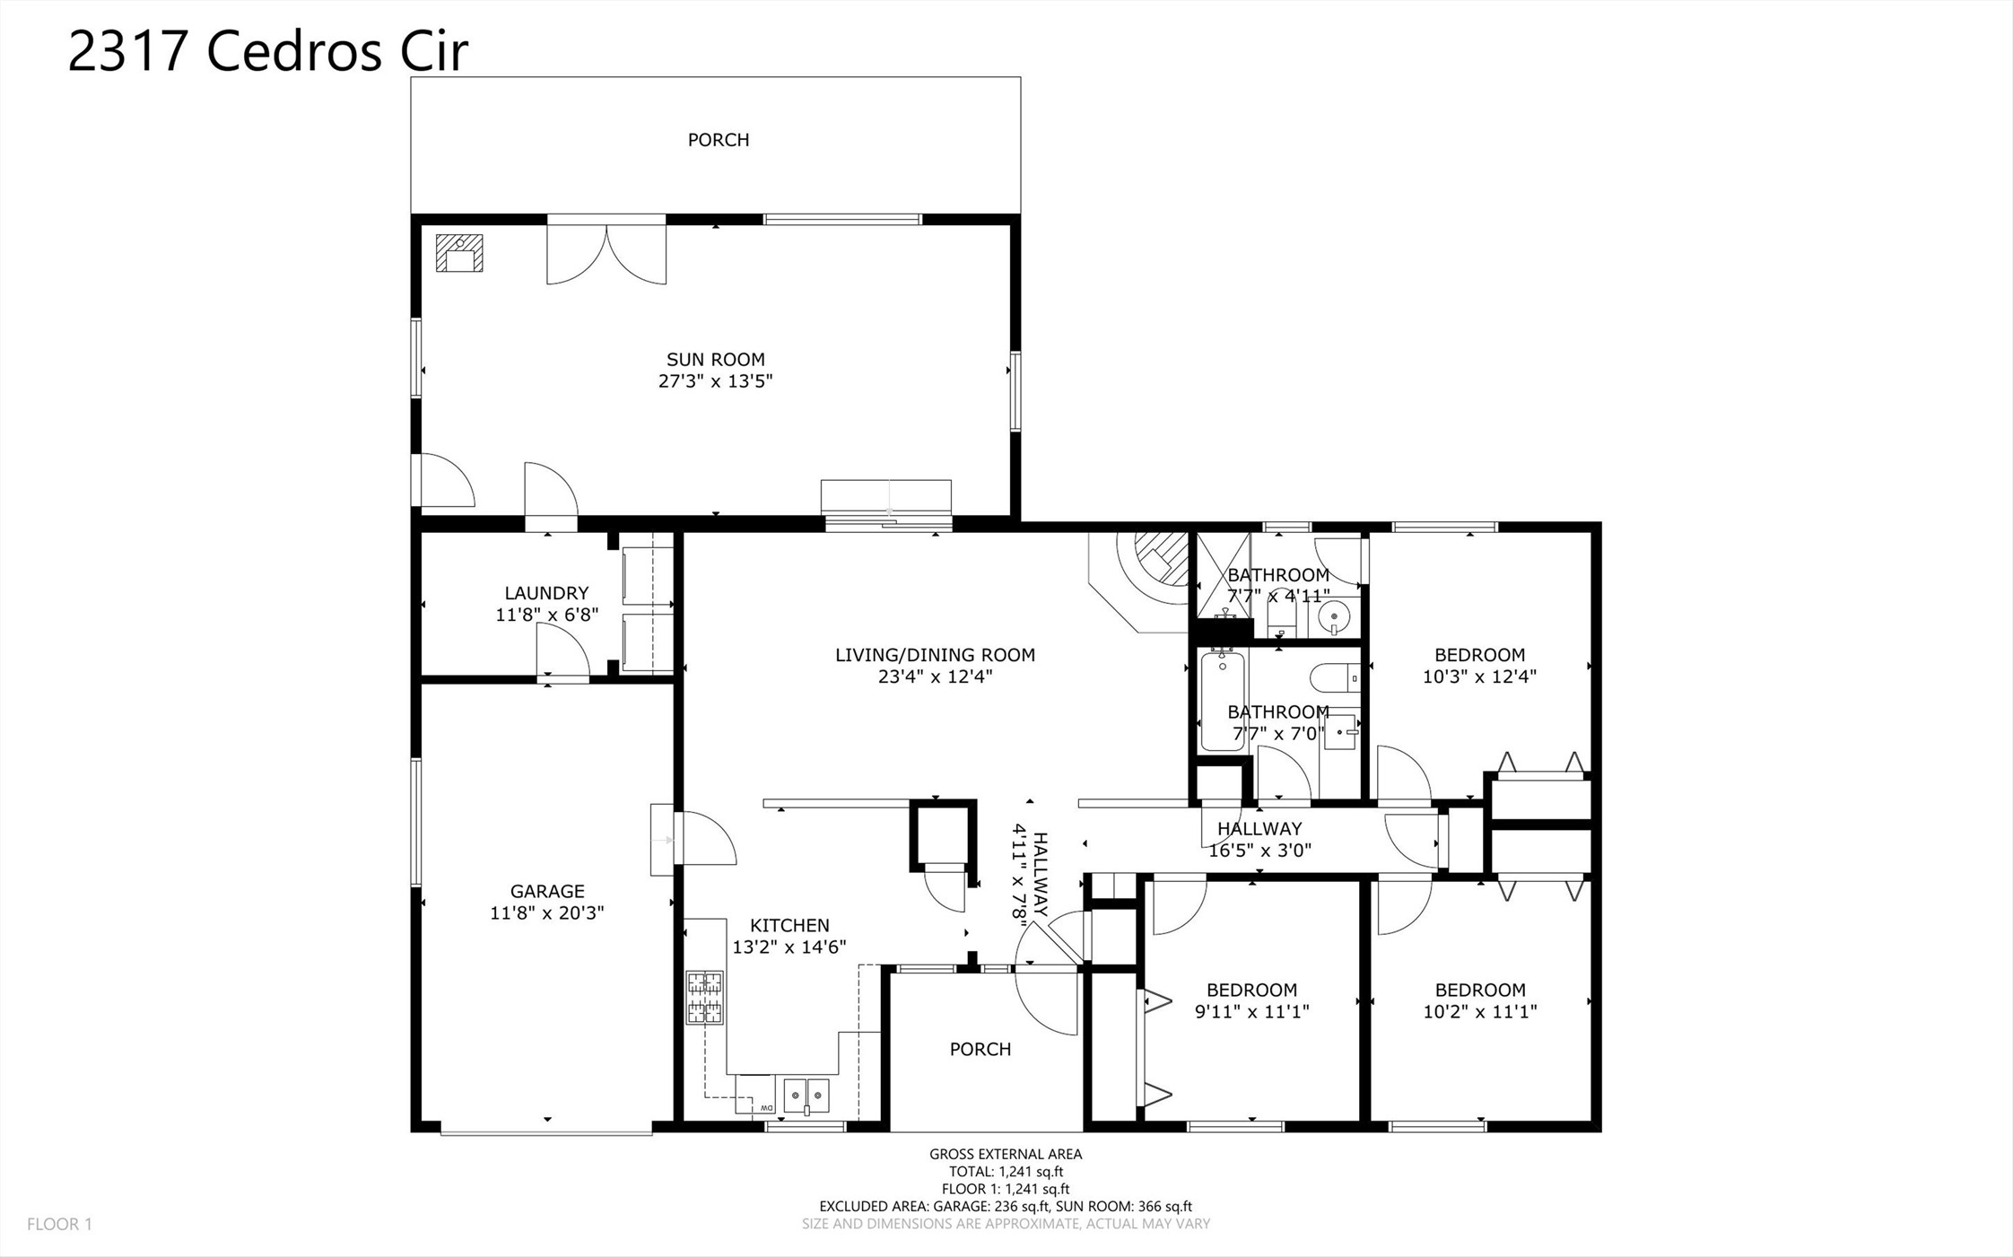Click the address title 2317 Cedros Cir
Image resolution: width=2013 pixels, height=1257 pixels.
(x=267, y=51)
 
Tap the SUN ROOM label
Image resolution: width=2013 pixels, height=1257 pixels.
(x=715, y=360)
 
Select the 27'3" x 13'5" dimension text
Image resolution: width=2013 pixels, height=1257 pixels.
(x=715, y=381)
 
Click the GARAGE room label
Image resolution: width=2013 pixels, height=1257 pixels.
(x=547, y=891)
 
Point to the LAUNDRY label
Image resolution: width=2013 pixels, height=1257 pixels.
(x=546, y=593)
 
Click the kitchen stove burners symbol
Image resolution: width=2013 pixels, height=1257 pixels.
(x=705, y=998)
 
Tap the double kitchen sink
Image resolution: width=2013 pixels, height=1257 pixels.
(x=806, y=1096)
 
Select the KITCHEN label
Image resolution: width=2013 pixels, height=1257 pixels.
(x=789, y=925)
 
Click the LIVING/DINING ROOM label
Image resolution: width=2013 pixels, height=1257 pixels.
(x=935, y=655)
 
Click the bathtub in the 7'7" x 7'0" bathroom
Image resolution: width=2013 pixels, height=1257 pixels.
(x=1222, y=701)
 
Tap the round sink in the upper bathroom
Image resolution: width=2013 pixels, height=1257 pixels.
(x=1335, y=616)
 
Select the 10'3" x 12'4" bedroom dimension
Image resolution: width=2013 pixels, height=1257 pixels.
(x=1479, y=677)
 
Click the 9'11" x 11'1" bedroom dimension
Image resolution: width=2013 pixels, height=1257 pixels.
(x=1251, y=1012)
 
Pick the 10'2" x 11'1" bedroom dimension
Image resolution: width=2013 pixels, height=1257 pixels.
(x=1479, y=1012)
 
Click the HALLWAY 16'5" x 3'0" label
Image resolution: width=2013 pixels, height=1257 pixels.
(x=1259, y=840)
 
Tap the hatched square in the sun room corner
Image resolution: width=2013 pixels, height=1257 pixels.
(x=459, y=253)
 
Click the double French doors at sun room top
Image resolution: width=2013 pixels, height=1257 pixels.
(x=606, y=255)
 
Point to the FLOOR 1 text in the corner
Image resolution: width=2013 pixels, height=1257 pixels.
(x=59, y=1224)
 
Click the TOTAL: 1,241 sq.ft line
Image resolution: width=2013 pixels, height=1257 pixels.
(x=1006, y=1172)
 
